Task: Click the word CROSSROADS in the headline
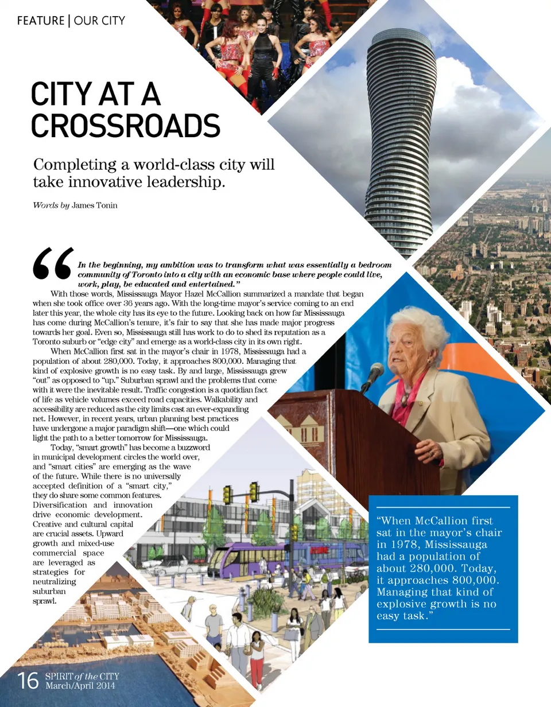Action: pyautogui.click(x=126, y=126)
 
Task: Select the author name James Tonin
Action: pyautogui.click(x=95, y=205)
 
